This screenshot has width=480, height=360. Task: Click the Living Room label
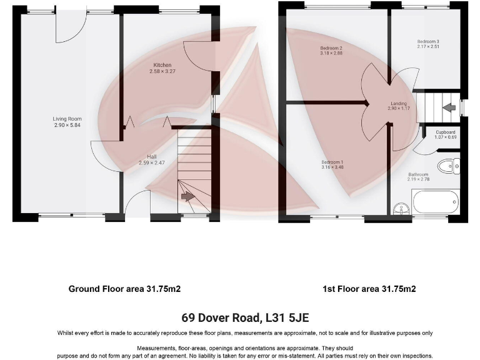coord(67,119)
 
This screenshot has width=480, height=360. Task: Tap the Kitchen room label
coord(162,65)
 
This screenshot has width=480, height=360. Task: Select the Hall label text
coord(151,156)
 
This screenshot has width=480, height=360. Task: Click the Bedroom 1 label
coord(332,162)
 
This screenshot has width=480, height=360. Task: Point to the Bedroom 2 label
coord(331,48)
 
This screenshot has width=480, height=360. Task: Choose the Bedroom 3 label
coord(429,41)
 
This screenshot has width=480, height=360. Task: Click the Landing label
coord(399,103)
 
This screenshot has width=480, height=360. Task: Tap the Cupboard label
coord(445,132)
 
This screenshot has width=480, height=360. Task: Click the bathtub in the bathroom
coord(435,202)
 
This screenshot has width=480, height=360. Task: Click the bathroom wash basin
coord(401,208)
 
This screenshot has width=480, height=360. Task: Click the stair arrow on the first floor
coord(448,107)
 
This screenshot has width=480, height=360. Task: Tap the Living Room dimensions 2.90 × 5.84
coord(67,126)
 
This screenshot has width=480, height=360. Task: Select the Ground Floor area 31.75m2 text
coord(124,289)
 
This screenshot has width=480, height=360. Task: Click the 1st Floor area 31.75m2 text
coord(369,289)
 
